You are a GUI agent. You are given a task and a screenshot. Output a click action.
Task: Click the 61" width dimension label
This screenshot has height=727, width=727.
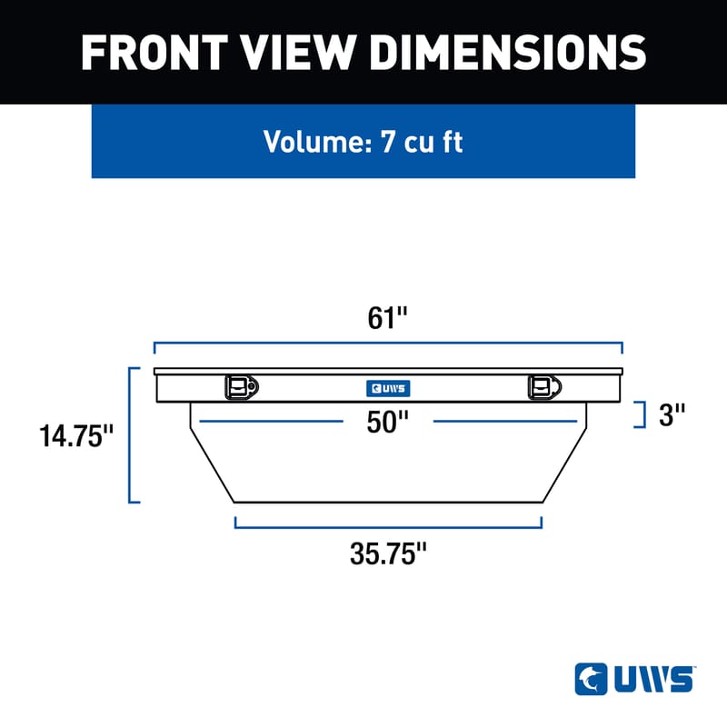[x=388, y=319]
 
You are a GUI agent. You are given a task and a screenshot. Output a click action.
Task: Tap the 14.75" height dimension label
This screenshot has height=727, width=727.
[x=76, y=436]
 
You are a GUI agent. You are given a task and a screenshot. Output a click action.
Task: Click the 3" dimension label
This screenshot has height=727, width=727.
[x=671, y=414]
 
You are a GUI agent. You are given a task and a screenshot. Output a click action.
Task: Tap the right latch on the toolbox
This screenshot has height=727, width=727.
[x=542, y=387]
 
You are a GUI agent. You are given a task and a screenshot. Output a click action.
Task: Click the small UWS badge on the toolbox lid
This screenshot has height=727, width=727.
[x=388, y=388]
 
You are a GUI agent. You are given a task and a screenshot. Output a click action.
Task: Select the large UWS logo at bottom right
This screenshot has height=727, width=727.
[x=635, y=679]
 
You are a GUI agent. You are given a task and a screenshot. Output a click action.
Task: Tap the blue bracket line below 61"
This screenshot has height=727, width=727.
[x=388, y=345]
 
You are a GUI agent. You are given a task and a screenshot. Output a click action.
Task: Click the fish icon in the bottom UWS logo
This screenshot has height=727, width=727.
[x=589, y=679]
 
